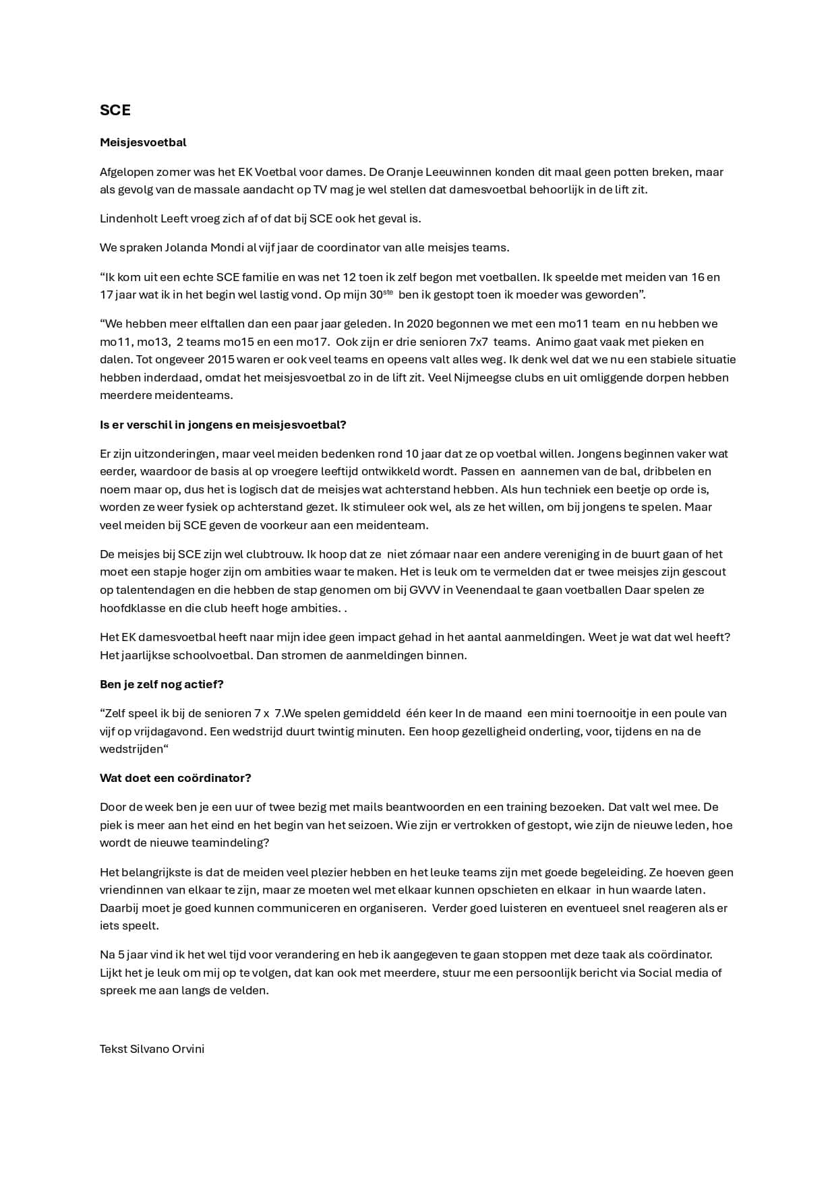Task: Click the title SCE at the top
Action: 115,111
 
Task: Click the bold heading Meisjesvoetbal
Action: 143,142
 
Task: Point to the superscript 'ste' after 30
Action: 388,291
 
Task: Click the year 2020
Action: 421,324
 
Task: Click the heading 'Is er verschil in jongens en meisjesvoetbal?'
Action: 222,425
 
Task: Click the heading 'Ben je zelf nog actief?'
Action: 161,684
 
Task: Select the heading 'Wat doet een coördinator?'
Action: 175,778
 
